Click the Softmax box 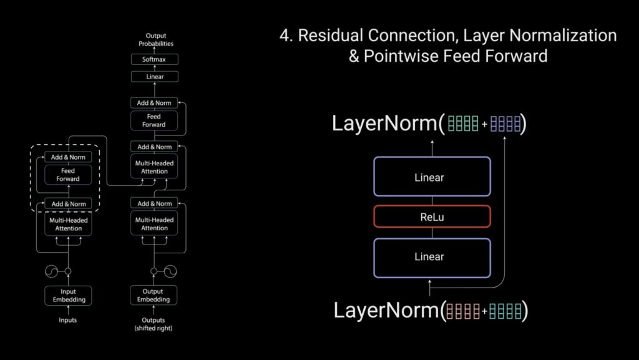point(155,59)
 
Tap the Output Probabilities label point(155,40)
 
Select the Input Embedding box point(68,296)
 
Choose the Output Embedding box point(154,296)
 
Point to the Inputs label point(68,320)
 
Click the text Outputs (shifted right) point(154,324)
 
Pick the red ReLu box point(432,217)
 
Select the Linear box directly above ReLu point(432,177)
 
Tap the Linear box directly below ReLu point(432,256)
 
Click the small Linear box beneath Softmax point(155,77)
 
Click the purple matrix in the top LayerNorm point(505,124)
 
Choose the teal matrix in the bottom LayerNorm point(505,310)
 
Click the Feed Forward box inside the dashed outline point(68,175)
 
